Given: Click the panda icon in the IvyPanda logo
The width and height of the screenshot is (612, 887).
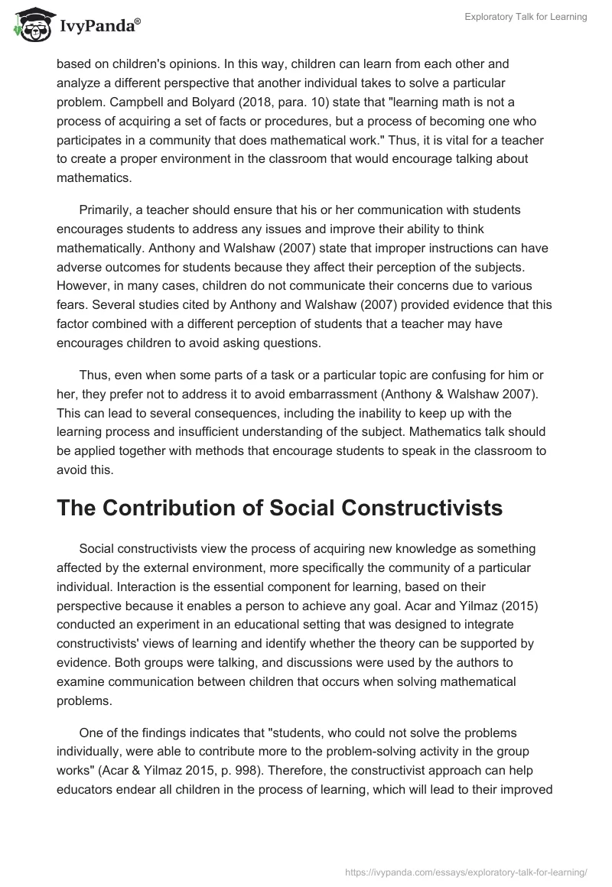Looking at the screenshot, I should click(x=30, y=25).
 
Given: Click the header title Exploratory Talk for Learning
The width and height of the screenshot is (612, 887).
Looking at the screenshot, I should click(x=526, y=17).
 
